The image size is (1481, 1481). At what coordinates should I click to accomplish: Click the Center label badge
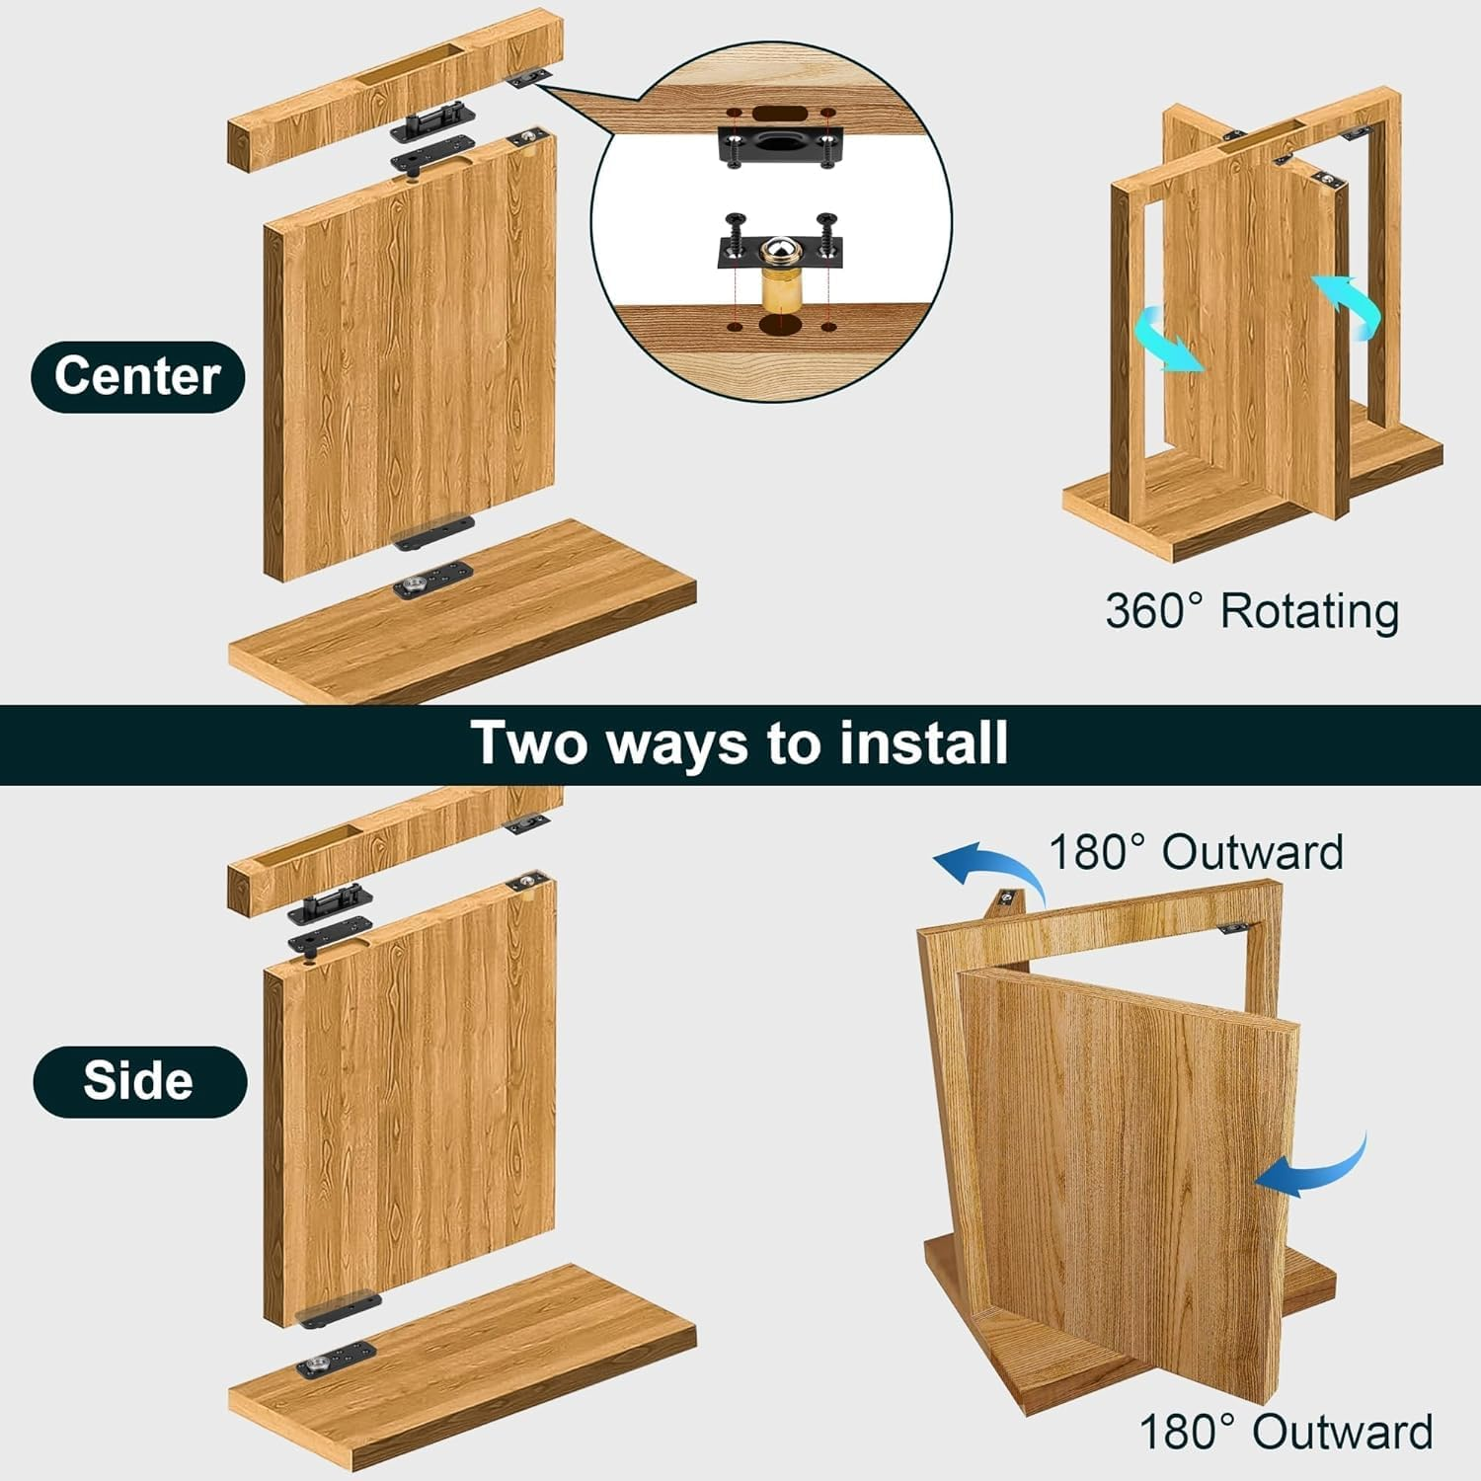pyautogui.click(x=137, y=376)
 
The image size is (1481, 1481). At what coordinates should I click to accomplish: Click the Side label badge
pyautogui.click(x=139, y=1081)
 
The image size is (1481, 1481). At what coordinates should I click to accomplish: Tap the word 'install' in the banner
pyautogui.click(x=923, y=743)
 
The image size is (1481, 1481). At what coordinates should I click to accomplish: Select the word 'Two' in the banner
pyautogui.click(x=529, y=743)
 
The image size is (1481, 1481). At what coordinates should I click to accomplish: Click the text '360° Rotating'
pyautogui.click(x=1251, y=611)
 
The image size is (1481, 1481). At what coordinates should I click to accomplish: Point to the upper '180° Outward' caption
pyautogui.click(x=1195, y=852)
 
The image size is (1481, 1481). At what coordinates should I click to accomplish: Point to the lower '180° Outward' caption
pyautogui.click(x=1286, y=1431)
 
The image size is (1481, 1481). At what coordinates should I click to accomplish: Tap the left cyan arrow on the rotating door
pyautogui.click(x=1167, y=341)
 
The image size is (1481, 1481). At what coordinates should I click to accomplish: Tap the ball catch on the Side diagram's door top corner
pyautogui.click(x=528, y=882)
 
